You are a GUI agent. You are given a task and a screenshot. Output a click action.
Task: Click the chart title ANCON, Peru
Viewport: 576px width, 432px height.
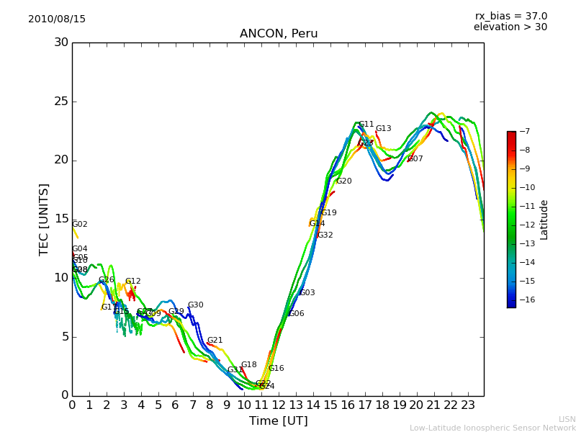(x=279, y=34)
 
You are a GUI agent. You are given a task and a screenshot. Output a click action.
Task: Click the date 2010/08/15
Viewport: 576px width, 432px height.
(x=57, y=19)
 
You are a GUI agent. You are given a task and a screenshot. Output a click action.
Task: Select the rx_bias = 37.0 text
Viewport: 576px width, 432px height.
(x=510, y=16)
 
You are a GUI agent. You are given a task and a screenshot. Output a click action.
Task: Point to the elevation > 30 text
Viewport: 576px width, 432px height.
(x=510, y=27)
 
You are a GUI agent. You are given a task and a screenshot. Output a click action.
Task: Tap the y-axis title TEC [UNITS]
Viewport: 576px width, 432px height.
(x=44, y=219)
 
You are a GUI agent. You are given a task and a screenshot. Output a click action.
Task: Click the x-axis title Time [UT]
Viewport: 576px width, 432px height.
(x=278, y=421)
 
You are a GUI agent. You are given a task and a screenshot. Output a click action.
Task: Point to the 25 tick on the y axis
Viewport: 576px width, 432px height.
(x=61, y=102)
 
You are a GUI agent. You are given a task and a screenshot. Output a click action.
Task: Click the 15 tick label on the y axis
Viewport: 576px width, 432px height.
(x=61, y=219)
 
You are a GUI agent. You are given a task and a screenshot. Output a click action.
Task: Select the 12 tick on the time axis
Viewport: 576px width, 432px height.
(x=278, y=405)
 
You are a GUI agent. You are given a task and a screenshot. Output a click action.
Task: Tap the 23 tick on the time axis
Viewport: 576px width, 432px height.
(x=467, y=405)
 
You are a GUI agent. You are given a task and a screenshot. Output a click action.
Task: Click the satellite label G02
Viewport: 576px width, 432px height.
(x=79, y=225)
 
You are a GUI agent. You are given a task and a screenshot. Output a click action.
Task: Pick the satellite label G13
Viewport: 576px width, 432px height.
(x=383, y=129)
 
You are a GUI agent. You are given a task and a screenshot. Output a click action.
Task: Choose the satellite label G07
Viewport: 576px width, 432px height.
(x=415, y=159)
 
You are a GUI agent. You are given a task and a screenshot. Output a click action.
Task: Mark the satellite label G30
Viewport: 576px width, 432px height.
(x=195, y=305)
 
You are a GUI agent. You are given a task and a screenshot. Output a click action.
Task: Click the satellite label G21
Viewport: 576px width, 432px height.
(x=215, y=341)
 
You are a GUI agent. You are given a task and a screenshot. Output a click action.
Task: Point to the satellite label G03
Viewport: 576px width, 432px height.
(x=307, y=293)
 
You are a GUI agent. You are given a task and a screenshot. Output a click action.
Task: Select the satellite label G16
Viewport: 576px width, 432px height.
(x=276, y=369)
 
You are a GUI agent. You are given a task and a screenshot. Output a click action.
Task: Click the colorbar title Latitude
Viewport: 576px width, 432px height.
(x=544, y=219)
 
